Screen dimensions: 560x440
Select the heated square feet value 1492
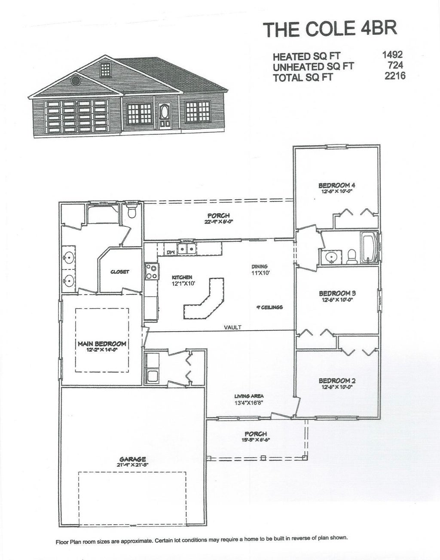point(391,55)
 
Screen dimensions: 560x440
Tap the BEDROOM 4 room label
point(336,186)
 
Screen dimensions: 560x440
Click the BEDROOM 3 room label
point(337,293)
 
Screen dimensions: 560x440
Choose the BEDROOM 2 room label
point(337,380)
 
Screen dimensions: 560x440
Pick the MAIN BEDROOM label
point(102,344)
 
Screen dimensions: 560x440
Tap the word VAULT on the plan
point(232,327)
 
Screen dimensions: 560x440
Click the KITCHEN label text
point(182,277)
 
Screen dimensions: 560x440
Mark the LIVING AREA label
point(249,396)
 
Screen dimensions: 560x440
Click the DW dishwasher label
point(170,252)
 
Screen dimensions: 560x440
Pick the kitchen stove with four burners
point(151,271)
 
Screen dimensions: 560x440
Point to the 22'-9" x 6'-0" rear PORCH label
point(219,215)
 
